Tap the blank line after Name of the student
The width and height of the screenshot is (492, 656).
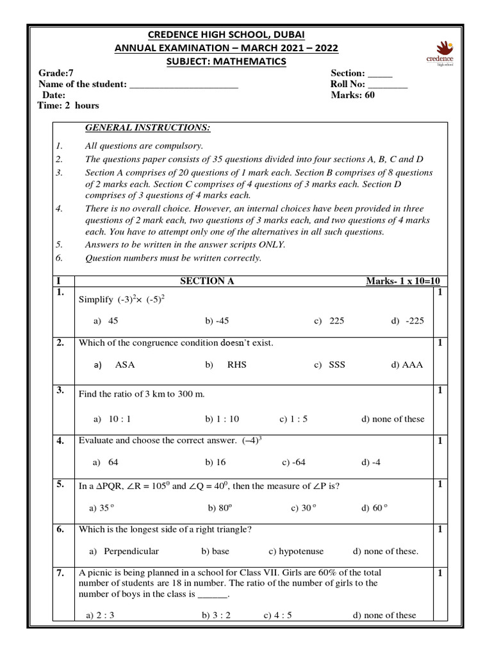[184, 85]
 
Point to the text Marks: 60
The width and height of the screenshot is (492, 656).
[352, 95]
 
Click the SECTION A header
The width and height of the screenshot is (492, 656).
[202, 281]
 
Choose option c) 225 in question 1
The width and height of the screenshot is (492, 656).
[329, 321]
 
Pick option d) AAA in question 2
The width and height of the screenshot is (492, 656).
[407, 365]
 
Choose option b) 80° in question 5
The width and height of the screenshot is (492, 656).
[220, 508]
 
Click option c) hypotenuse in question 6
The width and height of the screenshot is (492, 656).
[296, 551]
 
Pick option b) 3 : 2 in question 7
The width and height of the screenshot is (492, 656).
[216, 615]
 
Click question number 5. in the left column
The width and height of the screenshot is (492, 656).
[60, 485]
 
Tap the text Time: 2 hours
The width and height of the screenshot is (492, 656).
[69, 105]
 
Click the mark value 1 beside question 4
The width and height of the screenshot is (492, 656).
[440, 441]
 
